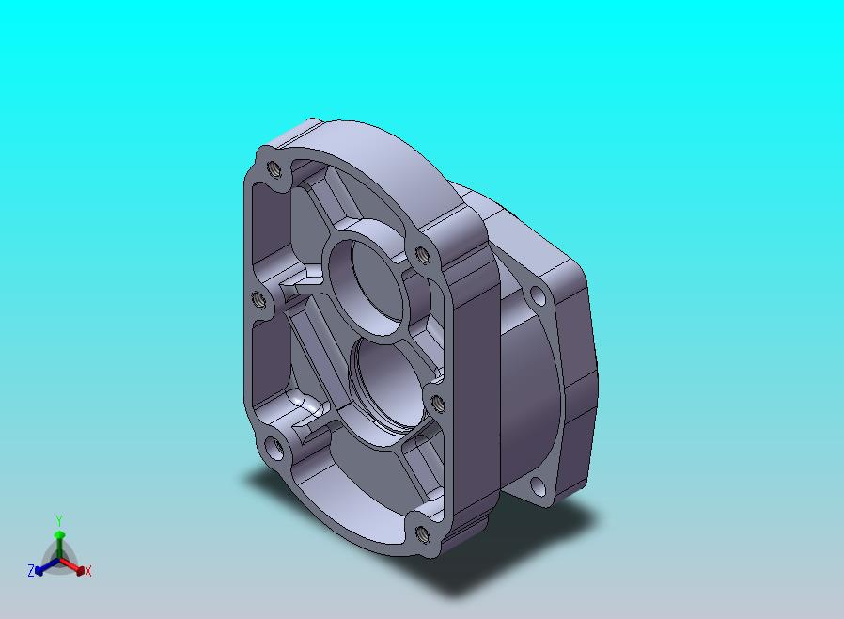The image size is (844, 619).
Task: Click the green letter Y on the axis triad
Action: click(x=59, y=520)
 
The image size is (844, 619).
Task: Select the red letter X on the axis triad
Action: click(x=88, y=572)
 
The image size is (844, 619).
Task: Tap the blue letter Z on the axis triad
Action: click(x=31, y=570)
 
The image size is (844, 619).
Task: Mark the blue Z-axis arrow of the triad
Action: click(x=47, y=566)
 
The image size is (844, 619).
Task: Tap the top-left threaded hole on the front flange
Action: click(x=274, y=170)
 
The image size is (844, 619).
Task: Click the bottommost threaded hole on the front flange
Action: click(x=424, y=533)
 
